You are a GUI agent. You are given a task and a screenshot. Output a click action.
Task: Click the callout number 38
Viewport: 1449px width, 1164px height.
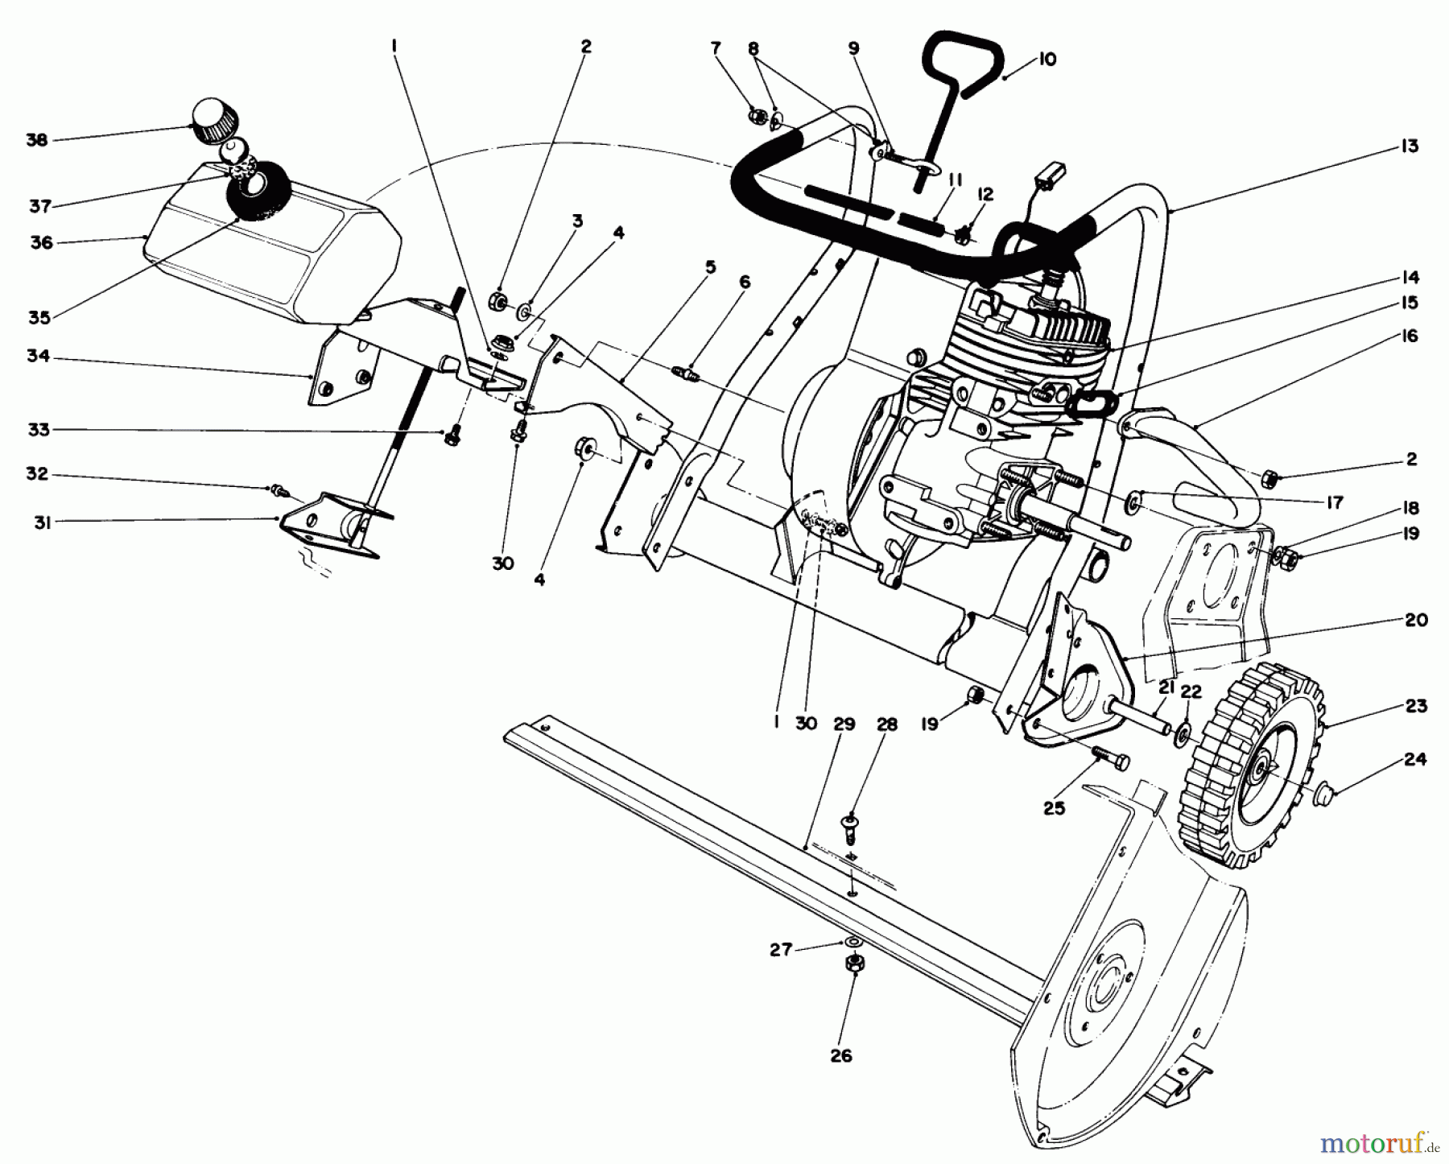coord(37,140)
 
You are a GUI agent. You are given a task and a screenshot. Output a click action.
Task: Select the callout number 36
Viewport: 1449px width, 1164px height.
coord(41,242)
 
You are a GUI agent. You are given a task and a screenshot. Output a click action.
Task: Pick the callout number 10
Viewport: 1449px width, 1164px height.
coord(1047,60)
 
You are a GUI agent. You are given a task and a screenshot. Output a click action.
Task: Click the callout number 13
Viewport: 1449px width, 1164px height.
coord(1409,147)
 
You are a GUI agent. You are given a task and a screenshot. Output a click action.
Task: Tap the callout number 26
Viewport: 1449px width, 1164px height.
coord(840,1055)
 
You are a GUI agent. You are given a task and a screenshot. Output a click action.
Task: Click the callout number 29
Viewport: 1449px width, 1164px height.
coord(844,724)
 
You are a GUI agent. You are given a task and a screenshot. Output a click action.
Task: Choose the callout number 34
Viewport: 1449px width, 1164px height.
coord(39,356)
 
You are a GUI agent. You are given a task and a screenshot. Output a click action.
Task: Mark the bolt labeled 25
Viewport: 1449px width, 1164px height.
coord(1111,759)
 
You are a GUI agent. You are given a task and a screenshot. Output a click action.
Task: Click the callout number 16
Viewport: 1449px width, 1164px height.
coord(1409,336)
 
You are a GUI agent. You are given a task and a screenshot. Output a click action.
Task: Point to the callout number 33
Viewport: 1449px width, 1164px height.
coord(39,431)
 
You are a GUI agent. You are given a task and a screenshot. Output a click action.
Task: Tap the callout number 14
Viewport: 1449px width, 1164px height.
coord(1409,278)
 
